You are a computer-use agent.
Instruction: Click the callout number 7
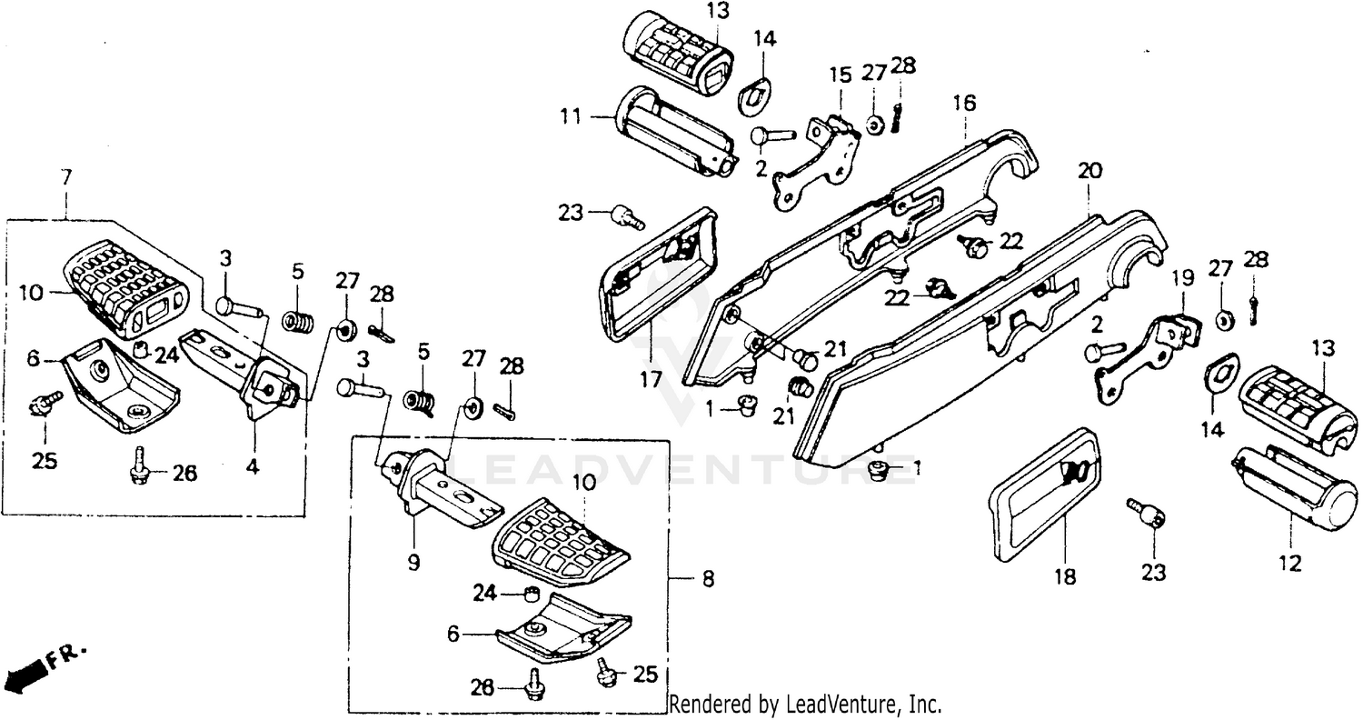[65, 178]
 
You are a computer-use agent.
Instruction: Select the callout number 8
[708, 578]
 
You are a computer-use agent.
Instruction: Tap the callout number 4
[252, 468]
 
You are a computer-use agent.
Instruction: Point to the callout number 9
[413, 564]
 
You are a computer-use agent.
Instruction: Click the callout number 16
[963, 103]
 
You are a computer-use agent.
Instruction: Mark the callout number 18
[1064, 576]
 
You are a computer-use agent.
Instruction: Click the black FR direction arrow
[25, 674]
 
